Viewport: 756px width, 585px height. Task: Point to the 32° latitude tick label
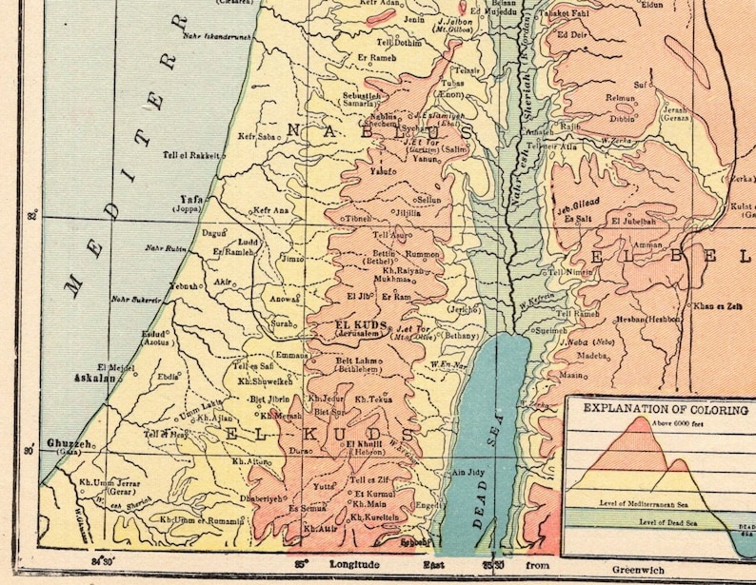point(34,216)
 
